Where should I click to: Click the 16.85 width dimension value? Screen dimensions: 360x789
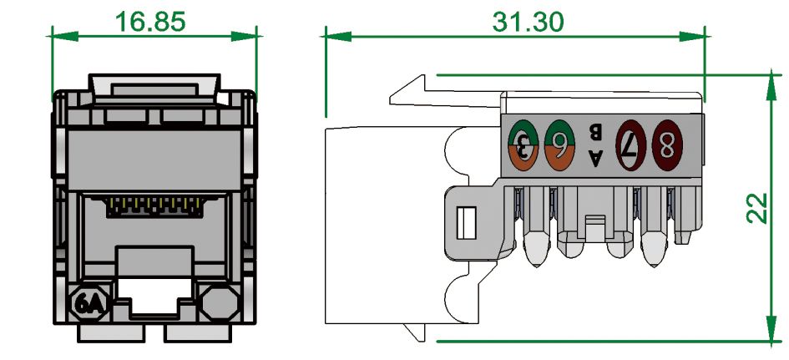click(151, 20)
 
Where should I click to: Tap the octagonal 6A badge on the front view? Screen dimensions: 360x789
click(89, 302)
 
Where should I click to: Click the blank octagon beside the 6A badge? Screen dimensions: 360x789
click(219, 301)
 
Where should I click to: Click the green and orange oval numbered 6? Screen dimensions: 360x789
click(559, 145)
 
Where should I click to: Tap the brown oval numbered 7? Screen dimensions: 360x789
click(631, 145)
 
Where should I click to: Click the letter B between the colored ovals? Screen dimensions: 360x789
click(595, 131)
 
